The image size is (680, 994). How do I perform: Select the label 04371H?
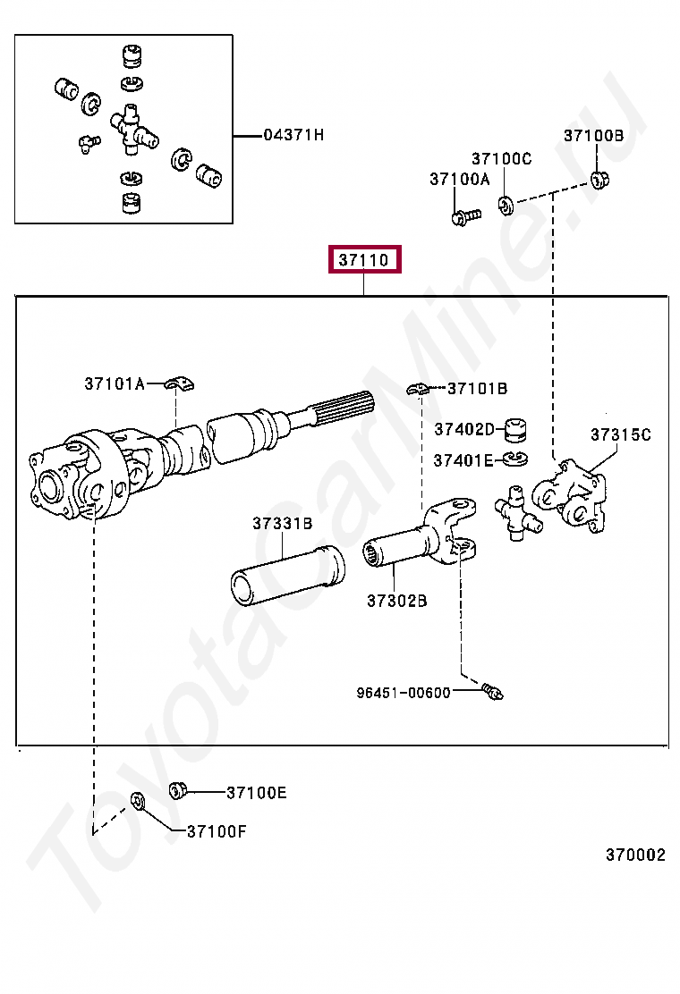point(293,135)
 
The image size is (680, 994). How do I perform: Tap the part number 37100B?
point(593,136)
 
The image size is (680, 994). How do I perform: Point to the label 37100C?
point(501,158)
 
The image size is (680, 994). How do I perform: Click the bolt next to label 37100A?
point(465,215)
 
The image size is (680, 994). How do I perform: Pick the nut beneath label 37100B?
point(600,180)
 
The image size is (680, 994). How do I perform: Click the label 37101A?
point(115,383)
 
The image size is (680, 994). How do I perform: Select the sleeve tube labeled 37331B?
point(287,577)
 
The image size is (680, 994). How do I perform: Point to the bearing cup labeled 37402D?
point(514,429)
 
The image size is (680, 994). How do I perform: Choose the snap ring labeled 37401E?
point(514,459)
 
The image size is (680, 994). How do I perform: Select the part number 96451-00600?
point(403,692)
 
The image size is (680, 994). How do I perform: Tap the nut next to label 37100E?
point(178,790)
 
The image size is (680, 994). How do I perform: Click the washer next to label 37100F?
point(139,800)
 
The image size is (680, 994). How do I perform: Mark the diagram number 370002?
point(635,855)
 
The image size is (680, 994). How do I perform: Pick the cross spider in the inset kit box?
point(132,128)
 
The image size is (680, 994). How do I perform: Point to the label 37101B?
point(477,388)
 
